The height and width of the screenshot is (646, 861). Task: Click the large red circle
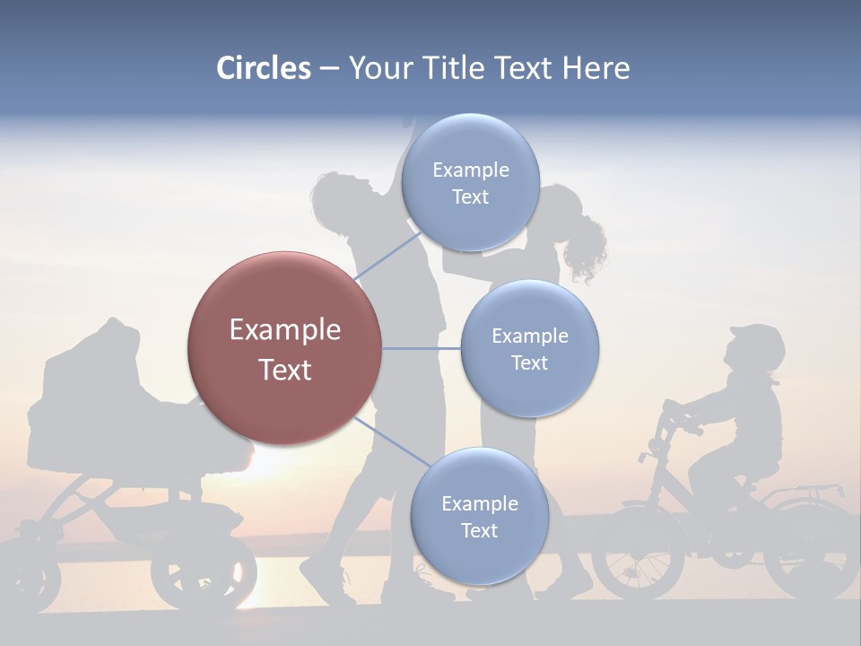(284, 348)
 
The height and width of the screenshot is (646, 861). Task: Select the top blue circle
(470, 182)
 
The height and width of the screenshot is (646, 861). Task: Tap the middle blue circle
(529, 348)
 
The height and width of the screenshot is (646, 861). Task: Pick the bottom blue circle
(479, 516)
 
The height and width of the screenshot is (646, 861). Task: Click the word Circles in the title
(264, 68)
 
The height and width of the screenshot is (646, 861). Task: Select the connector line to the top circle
(388, 256)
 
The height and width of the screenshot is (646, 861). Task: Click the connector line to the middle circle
(421, 348)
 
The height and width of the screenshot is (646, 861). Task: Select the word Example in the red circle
(284, 329)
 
